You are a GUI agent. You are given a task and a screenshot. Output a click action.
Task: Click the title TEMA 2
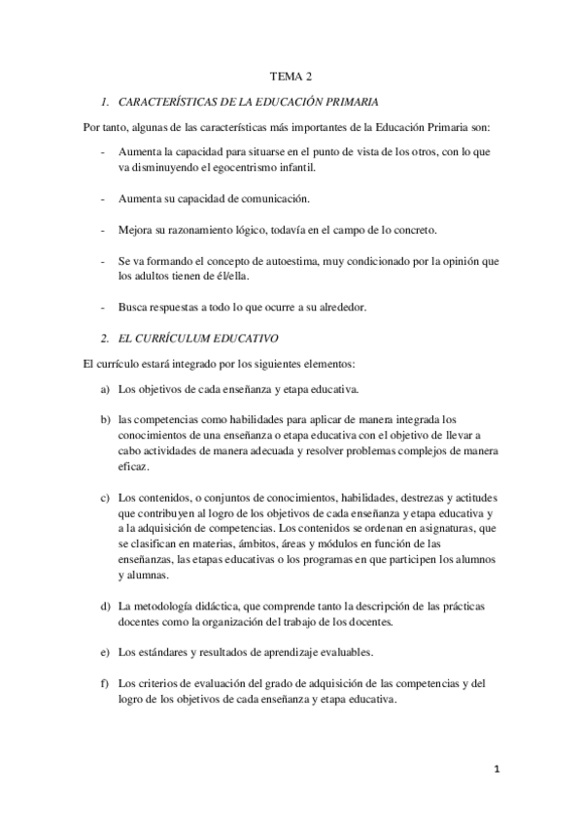pyautogui.click(x=291, y=75)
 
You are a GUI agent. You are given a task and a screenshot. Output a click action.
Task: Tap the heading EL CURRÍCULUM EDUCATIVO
pyautogui.click(x=198, y=339)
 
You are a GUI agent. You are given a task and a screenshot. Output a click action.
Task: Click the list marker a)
pyautogui.click(x=104, y=390)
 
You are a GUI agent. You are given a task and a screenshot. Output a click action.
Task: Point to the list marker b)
pyautogui.click(x=104, y=419)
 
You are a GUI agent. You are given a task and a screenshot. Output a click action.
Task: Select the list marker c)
pyautogui.click(x=104, y=498)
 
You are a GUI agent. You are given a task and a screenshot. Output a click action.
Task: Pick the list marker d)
pyautogui.click(x=104, y=606)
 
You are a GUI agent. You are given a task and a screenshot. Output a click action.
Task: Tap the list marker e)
pyautogui.click(x=104, y=651)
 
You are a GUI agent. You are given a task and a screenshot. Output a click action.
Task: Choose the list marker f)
pyautogui.click(x=104, y=683)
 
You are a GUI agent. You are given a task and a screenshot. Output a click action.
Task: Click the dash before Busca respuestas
pyautogui.click(x=103, y=308)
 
